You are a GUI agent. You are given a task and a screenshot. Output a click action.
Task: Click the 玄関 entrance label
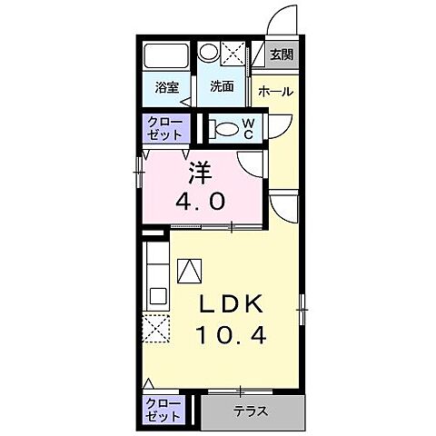(x=281, y=54)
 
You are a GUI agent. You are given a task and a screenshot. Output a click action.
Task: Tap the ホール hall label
(x=275, y=91)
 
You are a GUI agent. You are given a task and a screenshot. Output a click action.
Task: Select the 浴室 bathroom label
(x=165, y=87)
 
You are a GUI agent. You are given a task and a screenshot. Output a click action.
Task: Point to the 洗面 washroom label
(x=222, y=87)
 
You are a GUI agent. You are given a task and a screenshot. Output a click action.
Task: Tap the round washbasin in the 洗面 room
(x=209, y=52)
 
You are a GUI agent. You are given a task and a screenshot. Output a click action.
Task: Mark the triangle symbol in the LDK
(x=191, y=269)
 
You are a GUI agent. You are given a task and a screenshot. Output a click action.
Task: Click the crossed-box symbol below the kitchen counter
(x=157, y=326)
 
